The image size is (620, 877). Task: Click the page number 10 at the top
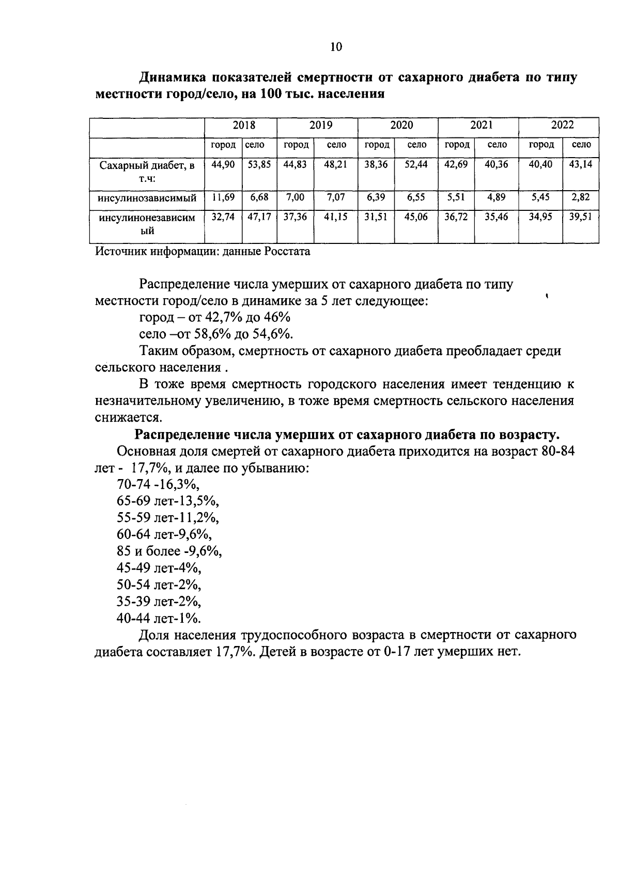pyautogui.click(x=335, y=47)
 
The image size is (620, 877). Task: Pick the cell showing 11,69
pyautogui.click(x=223, y=197)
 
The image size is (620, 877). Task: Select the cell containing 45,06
pyautogui.click(x=416, y=218)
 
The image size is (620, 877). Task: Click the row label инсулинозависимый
pyautogui.click(x=147, y=198)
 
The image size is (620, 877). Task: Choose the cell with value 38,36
pyautogui.click(x=376, y=165)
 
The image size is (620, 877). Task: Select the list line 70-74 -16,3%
pyautogui.click(x=158, y=485)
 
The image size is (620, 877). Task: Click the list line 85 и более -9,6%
pyautogui.click(x=169, y=551)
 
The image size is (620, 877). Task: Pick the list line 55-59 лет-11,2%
pyautogui.click(x=168, y=518)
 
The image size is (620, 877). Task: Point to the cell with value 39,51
pyautogui.click(x=581, y=218)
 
